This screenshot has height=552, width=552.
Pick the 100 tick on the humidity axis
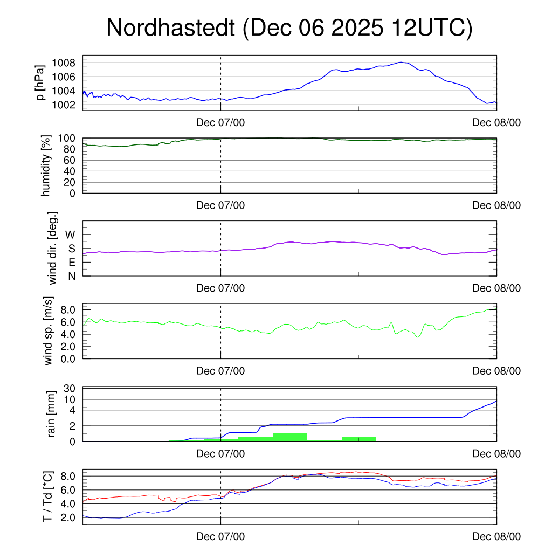pos(71,139)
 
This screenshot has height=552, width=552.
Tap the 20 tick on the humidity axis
pos(73,182)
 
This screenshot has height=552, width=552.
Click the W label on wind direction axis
pos(71,235)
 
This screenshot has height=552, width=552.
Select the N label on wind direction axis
pos(71,277)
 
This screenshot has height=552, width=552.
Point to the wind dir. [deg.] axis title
pos(53,248)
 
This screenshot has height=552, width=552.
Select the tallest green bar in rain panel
pos(290,437)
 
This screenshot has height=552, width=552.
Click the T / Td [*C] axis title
pos(47,496)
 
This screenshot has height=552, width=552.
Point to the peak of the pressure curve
pos(401,63)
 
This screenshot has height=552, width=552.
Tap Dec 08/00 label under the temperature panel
pos(496,536)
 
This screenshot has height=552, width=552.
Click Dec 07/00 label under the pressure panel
pos(220,122)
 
